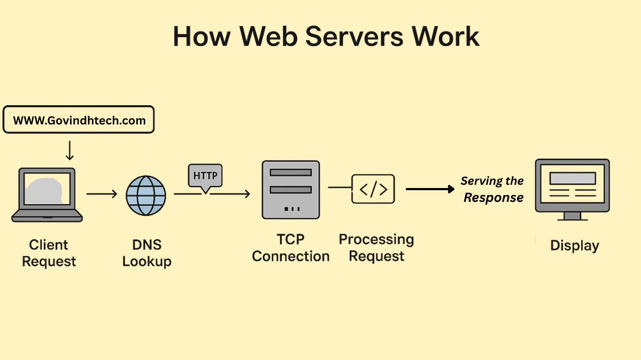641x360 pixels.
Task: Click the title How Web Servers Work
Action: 326,36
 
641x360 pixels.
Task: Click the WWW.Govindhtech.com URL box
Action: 79,120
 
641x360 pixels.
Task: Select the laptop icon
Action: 47,194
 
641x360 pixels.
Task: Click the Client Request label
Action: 49,253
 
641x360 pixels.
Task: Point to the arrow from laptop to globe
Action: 101,194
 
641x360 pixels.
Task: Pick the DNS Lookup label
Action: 146,253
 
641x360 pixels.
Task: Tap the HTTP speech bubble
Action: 205,176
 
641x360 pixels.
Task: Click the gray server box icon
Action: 291,190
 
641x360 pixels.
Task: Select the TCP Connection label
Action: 291,248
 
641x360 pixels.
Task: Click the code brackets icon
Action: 373,189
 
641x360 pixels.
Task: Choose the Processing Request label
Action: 376,248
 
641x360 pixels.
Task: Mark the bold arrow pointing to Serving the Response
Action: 429,189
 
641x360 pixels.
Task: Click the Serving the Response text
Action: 493,189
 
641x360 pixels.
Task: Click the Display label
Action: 574,246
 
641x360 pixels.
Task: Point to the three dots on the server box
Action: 291,208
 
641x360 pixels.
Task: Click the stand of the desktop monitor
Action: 572,216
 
